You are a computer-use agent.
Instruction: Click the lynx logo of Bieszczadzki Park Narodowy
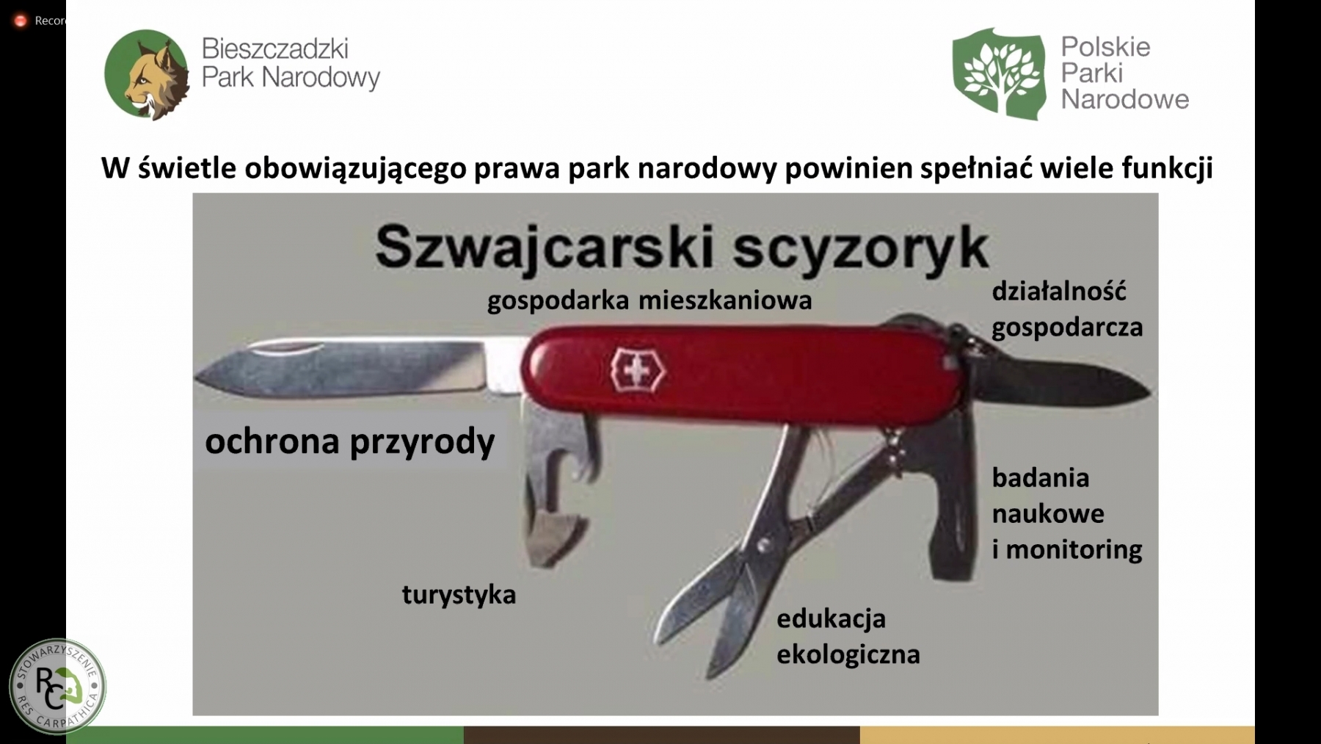click(147, 74)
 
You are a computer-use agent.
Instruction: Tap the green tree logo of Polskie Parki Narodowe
click(998, 73)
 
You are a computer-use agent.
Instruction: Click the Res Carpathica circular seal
click(58, 686)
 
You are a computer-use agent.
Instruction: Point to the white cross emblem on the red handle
click(637, 370)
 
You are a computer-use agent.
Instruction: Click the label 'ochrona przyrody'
click(350, 441)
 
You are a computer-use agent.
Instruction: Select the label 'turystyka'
click(459, 594)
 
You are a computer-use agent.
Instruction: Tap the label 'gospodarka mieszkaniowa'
click(649, 300)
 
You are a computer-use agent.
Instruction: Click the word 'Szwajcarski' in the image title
click(545, 248)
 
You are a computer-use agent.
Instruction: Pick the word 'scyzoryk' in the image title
click(861, 248)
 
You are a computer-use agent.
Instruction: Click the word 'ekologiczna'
click(848, 654)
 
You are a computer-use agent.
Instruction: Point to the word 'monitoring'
click(1074, 549)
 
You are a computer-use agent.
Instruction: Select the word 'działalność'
click(1059, 291)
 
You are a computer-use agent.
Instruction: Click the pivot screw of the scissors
click(764, 545)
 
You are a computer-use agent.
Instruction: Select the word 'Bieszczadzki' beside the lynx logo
click(275, 48)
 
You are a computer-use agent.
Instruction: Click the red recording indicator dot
click(21, 21)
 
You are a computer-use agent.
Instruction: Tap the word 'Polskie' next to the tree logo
click(1106, 47)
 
